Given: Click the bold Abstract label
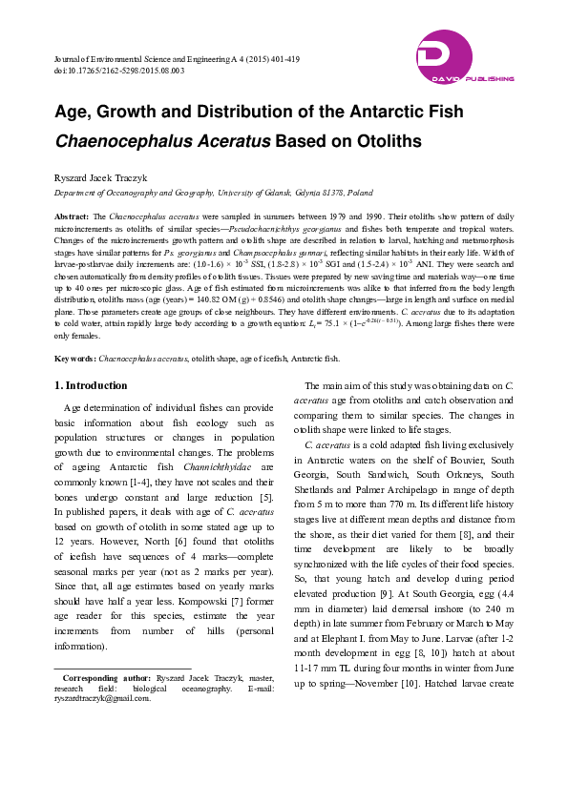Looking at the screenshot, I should (x=73, y=217).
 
